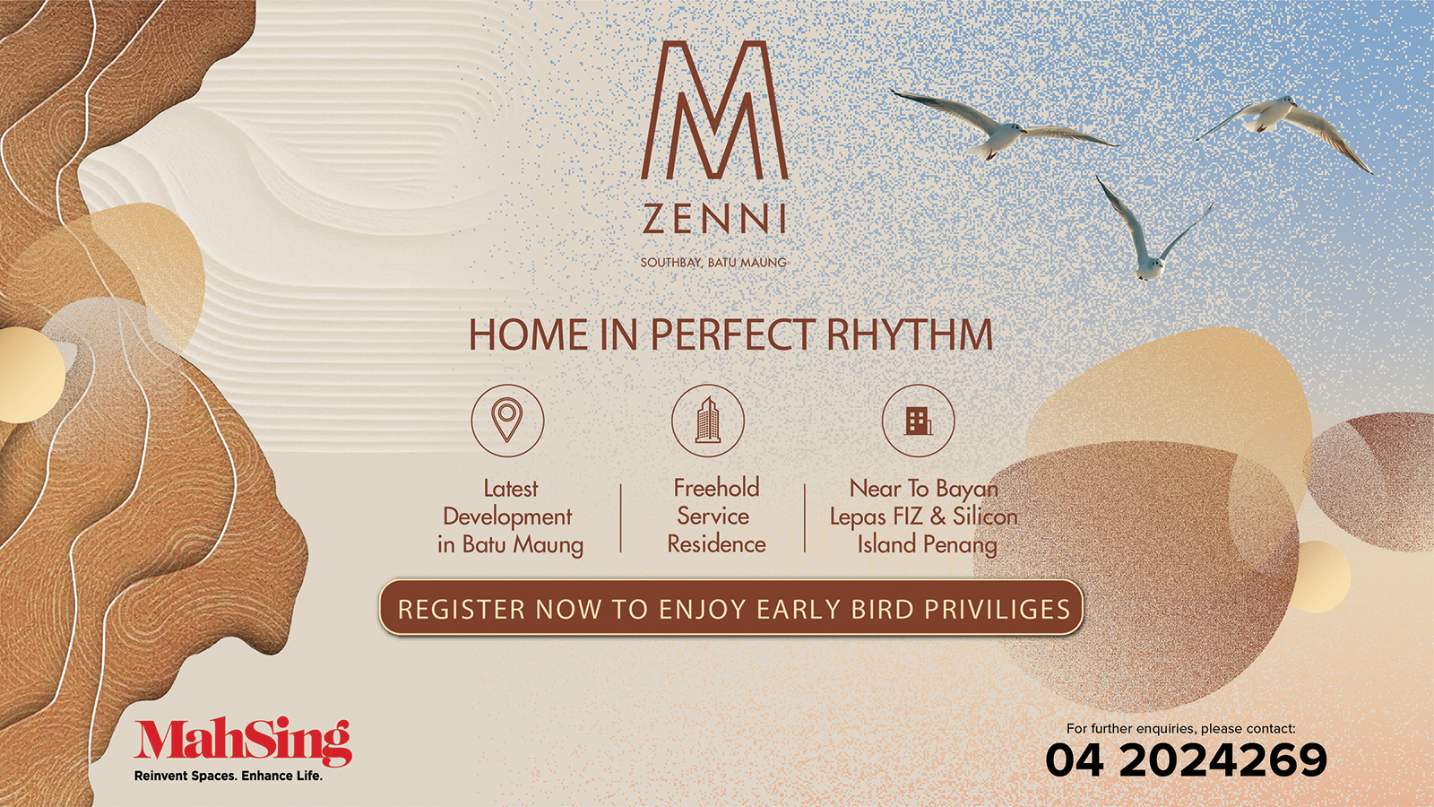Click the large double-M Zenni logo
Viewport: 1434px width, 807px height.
click(x=714, y=110)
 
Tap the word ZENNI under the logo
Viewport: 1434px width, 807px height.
click(x=714, y=219)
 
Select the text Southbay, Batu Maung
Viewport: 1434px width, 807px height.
click(x=713, y=262)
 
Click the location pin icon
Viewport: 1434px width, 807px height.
click(x=507, y=421)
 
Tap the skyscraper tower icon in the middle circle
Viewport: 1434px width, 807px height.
click(x=708, y=421)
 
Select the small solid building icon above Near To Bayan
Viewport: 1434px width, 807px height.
click(x=919, y=422)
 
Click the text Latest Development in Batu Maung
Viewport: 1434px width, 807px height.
click(x=510, y=516)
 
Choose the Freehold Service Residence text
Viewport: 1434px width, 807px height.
click(x=716, y=516)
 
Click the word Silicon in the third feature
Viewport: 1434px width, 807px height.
click(x=985, y=516)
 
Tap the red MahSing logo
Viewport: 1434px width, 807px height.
click(x=243, y=743)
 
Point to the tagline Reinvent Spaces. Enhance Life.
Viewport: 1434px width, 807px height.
click(x=229, y=776)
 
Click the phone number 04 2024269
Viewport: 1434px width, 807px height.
click(x=1187, y=760)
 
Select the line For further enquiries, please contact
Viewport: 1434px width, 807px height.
click(x=1180, y=728)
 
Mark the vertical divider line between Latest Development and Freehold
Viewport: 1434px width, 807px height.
click(x=621, y=518)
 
